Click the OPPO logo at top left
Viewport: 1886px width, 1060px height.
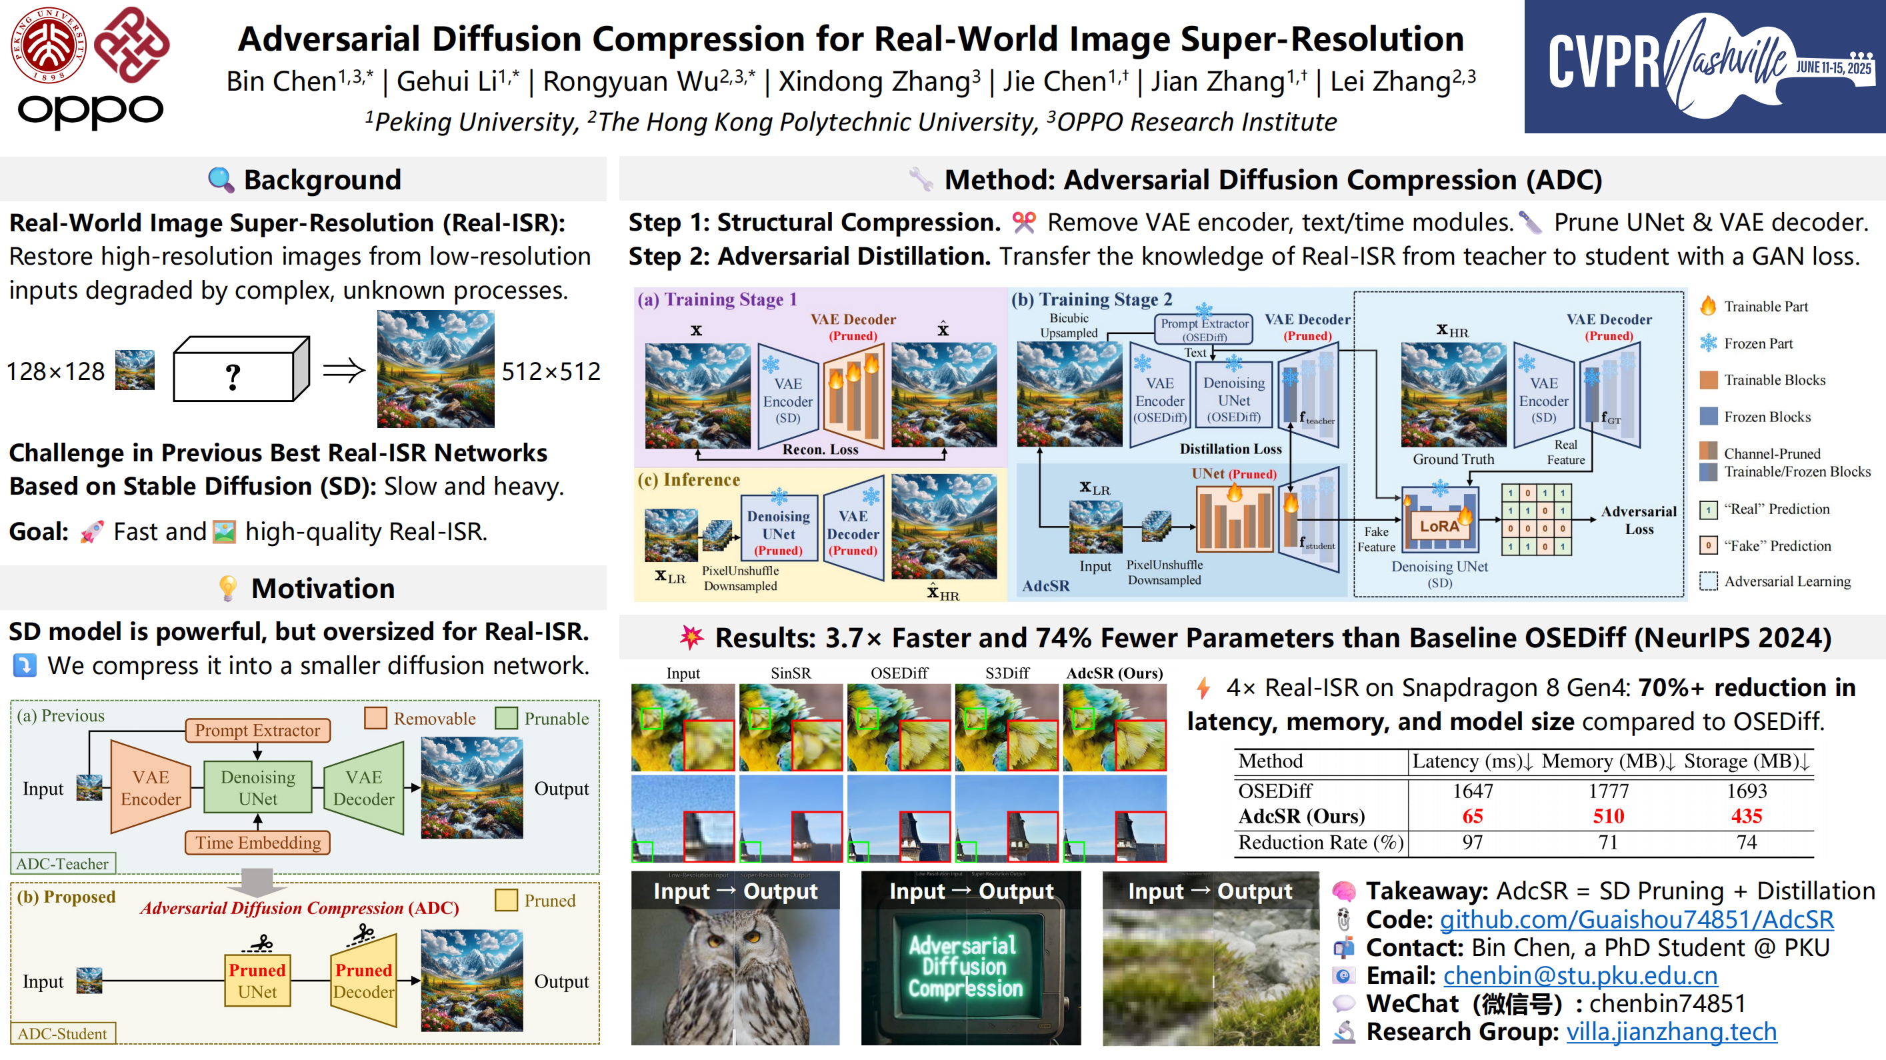point(90,111)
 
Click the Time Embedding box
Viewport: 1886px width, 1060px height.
point(258,843)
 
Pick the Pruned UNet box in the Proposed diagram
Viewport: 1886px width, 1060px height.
point(257,981)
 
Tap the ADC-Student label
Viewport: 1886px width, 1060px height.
point(62,1033)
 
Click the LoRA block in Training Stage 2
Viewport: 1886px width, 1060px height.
point(1439,525)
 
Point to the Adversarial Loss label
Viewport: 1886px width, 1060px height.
point(1639,520)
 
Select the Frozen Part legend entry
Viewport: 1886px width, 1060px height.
point(1757,343)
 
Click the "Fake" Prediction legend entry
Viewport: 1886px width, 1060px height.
point(1777,545)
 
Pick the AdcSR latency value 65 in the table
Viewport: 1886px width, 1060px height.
point(1473,816)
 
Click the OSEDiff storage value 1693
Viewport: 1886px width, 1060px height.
point(1746,791)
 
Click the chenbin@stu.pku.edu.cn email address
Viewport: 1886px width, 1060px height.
point(1580,976)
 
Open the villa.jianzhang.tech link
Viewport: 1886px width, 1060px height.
point(1671,1031)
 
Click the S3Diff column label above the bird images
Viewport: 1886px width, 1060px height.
point(1007,673)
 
